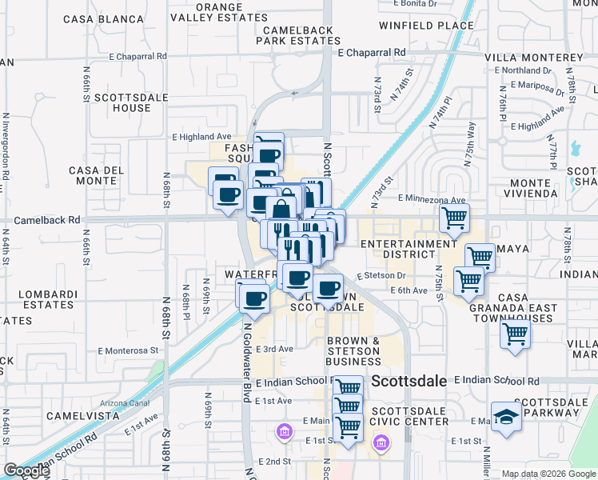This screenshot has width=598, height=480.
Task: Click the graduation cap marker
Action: [507, 416]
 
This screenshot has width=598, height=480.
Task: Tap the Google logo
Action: [26, 470]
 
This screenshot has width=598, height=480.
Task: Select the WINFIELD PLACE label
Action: [426, 26]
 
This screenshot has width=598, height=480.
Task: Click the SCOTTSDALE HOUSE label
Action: [122, 102]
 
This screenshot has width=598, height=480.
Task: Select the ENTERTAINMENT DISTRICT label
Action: [409, 249]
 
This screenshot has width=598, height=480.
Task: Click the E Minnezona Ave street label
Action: [431, 200]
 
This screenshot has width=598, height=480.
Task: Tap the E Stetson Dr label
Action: [382, 275]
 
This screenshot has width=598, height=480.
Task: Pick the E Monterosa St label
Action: [128, 350]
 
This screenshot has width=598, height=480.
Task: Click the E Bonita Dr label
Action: [415, 4]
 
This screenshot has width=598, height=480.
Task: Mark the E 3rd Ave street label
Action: [274, 349]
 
